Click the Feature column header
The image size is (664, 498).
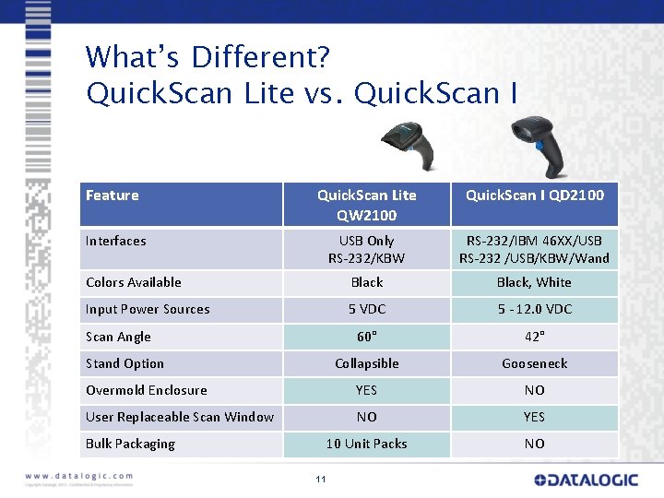click(x=113, y=196)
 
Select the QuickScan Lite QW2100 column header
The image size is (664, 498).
click(x=366, y=205)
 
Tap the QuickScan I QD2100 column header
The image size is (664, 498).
click(x=534, y=196)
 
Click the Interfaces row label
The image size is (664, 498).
click(x=116, y=241)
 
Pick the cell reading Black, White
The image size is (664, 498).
click(x=534, y=282)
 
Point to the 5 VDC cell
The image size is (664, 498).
click(x=366, y=309)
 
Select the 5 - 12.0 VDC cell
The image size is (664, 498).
click(x=534, y=309)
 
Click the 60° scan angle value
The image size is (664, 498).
click(x=366, y=337)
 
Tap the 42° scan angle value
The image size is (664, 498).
click(x=534, y=337)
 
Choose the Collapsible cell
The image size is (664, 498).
click(x=366, y=363)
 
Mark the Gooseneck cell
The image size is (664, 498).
click(x=534, y=363)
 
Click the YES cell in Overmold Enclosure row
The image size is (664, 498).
click(x=366, y=390)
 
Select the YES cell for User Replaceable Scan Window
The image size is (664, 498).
click(x=534, y=417)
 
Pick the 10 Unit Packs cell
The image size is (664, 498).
click(x=366, y=444)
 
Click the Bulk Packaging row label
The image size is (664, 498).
click(x=130, y=444)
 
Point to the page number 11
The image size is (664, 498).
click(x=320, y=479)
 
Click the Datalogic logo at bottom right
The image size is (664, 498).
click(x=585, y=480)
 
